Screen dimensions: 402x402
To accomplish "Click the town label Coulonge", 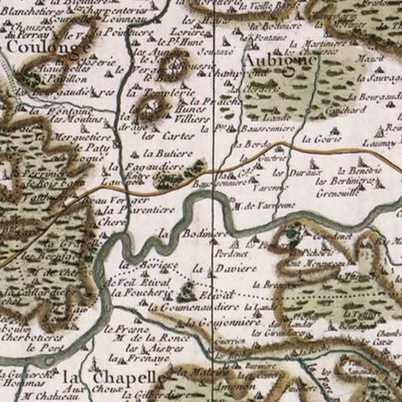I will [49, 48].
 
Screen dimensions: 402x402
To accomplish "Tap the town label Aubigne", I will [280, 59].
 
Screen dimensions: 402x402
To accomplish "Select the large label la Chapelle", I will [115, 377].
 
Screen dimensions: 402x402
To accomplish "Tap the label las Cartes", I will [160, 136].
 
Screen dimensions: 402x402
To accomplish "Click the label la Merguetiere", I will [80, 137].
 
